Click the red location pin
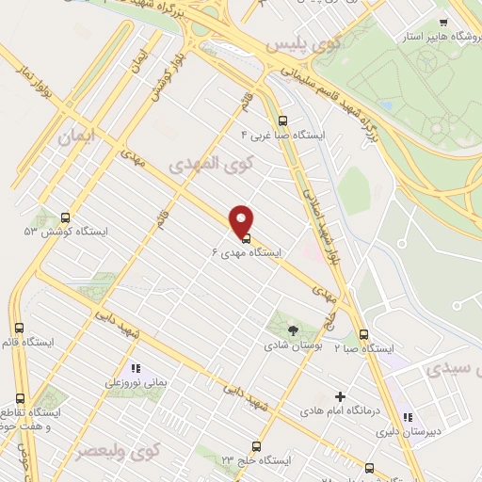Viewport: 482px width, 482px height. [x=241, y=220]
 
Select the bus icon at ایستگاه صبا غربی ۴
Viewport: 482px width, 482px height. [x=282, y=120]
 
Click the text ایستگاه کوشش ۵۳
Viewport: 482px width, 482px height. [x=67, y=231]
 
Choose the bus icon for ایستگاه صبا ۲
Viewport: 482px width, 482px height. [x=363, y=334]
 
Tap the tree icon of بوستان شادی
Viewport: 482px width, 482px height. [x=293, y=330]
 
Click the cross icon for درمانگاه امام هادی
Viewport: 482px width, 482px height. [x=340, y=396]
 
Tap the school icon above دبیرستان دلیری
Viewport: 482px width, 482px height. [x=407, y=417]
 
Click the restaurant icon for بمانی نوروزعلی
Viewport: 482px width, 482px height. [x=135, y=368]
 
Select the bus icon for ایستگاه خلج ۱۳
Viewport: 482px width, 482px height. [x=254, y=446]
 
